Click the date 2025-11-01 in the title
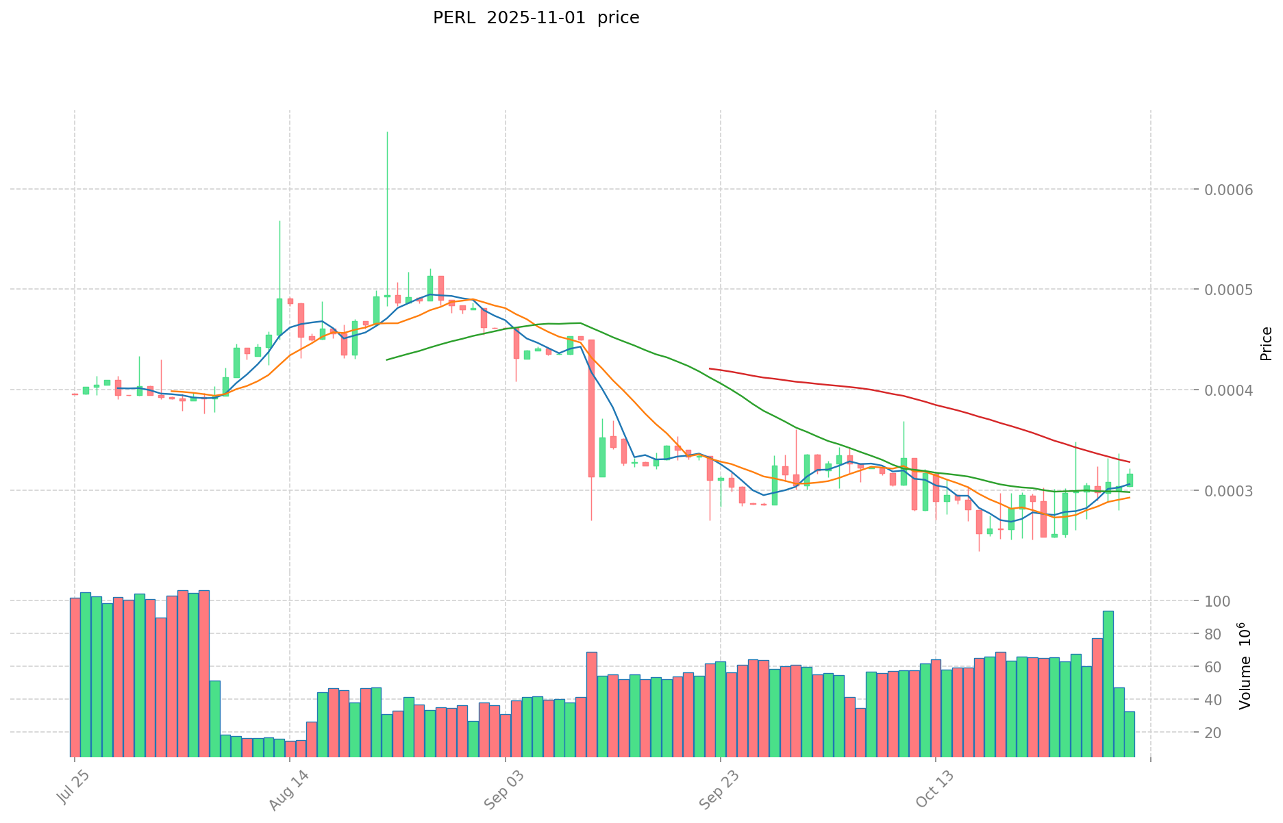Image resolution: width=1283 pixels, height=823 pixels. (536, 18)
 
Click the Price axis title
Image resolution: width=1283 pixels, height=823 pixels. (1266, 344)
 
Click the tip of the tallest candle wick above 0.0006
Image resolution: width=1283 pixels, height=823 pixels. (387, 132)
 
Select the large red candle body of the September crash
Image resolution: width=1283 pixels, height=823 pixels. (591, 408)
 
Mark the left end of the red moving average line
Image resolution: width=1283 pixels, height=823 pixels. (710, 368)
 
